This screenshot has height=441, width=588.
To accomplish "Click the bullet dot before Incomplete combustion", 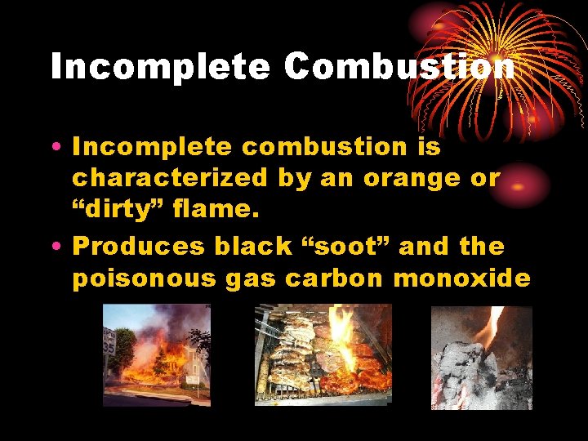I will (55, 148).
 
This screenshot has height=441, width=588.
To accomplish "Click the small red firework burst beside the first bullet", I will (523, 185).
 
